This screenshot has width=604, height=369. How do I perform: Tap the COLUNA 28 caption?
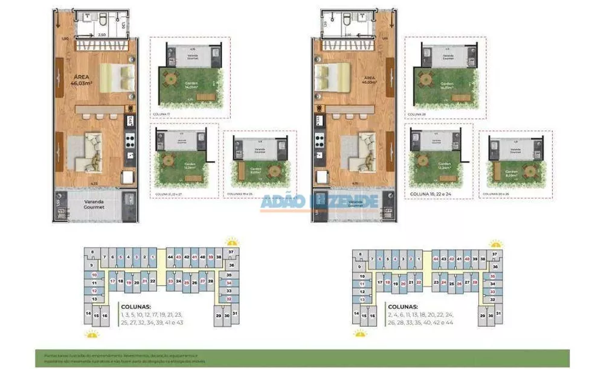413,113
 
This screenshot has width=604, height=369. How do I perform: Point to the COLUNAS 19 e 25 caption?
241,194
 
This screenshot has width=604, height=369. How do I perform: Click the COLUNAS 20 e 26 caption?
497,194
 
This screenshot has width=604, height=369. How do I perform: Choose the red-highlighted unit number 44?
436,259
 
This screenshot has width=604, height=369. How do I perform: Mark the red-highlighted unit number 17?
112,281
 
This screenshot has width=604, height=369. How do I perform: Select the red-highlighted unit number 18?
387,282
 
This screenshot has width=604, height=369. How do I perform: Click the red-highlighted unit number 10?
94,274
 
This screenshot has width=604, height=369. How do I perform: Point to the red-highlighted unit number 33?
492,291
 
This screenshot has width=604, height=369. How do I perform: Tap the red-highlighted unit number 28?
475,282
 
